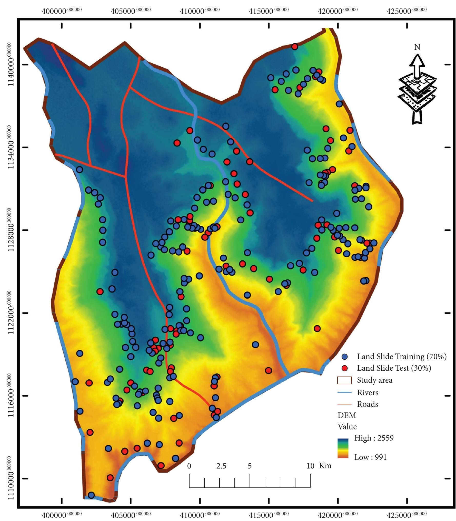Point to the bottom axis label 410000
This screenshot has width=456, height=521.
(x=200, y=514)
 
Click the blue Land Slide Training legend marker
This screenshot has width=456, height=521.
(x=345, y=357)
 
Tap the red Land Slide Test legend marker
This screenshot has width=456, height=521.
(x=345, y=368)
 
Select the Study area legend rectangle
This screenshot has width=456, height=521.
(x=344, y=380)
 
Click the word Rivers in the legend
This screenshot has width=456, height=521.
(x=368, y=393)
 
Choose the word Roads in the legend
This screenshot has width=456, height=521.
(x=368, y=404)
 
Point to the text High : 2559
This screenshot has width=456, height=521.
(x=374, y=438)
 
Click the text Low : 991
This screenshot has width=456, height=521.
(x=370, y=457)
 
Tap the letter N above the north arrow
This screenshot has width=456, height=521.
(x=417, y=47)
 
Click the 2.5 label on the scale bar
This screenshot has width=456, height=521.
(x=221, y=466)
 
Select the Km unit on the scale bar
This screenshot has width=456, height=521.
(x=325, y=466)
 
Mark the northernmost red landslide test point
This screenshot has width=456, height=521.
(x=295, y=47)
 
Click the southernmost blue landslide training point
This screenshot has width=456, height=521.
(x=91, y=495)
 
